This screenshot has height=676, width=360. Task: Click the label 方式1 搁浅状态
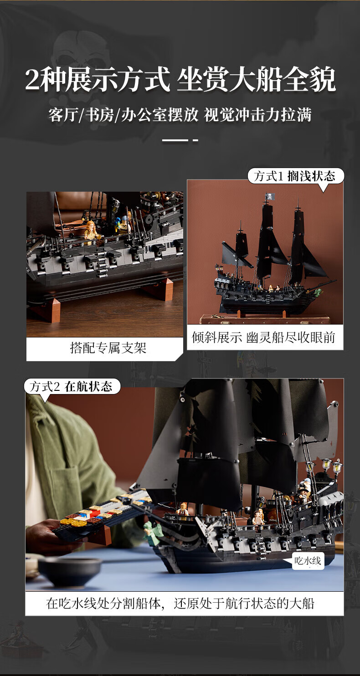[x=294, y=176]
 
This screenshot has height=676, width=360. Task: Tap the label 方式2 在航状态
[x=71, y=386]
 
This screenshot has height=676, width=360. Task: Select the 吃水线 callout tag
[x=308, y=561]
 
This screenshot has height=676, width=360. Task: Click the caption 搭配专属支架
[x=108, y=348]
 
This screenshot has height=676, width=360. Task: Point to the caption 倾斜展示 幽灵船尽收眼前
[x=263, y=337]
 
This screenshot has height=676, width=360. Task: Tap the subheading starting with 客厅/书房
[x=180, y=115]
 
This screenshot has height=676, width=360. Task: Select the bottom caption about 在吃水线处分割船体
[x=180, y=603]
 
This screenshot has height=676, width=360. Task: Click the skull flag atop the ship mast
[x=270, y=196]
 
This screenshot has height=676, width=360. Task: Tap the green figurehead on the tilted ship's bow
[x=318, y=292]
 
